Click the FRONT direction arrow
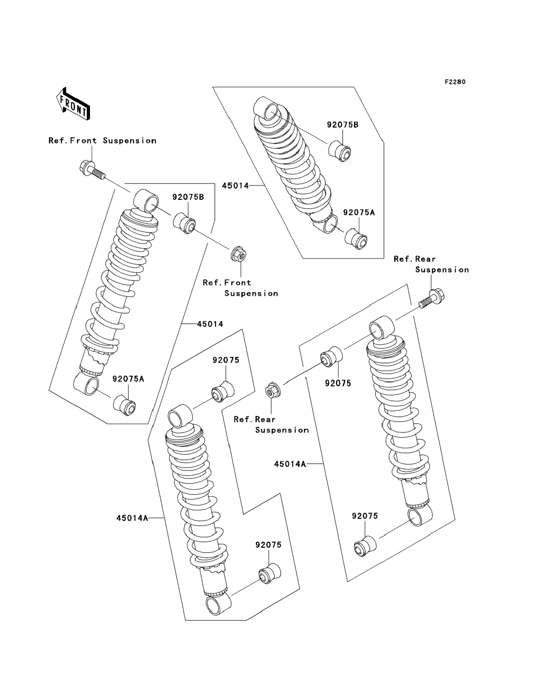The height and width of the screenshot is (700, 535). tap(73, 104)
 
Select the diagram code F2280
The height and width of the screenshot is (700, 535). tap(455, 82)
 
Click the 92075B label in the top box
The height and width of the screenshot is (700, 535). tap(342, 125)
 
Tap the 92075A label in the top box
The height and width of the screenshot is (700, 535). tap(359, 212)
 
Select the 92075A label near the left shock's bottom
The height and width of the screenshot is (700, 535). tap(128, 379)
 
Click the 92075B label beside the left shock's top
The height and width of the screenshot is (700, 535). tap(188, 197)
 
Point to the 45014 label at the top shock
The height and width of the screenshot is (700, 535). tap(235, 186)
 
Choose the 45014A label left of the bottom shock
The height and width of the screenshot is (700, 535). tap(132, 518)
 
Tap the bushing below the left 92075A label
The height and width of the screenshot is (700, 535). tap(124, 405)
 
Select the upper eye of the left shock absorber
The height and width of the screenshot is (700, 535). tap(147, 200)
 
